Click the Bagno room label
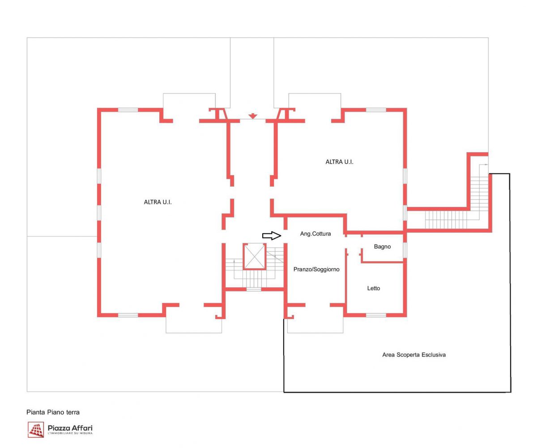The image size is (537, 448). (x=382, y=247)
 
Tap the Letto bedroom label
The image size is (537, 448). (x=373, y=289)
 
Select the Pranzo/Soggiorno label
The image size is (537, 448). (x=316, y=269)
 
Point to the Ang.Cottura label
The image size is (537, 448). (x=315, y=234)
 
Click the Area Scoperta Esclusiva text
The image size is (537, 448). (x=414, y=355)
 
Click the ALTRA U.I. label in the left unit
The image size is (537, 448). (x=158, y=202)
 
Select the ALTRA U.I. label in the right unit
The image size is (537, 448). (x=339, y=162)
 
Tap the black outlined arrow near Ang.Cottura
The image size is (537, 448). (x=272, y=236)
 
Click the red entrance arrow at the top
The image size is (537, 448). (x=253, y=116)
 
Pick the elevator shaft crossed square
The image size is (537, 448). (x=254, y=256)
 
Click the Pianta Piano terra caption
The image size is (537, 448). (x=53, y=412)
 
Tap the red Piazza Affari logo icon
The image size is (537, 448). (x=36, y=430)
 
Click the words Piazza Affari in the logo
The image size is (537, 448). (x=70, y=428)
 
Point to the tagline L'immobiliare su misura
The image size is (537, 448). (x=70, y=433)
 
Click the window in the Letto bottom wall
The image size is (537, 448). (x=376, y=315)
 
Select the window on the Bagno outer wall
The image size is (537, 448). (x=405, y=250)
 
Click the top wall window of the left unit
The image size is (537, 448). (x=128, y=110)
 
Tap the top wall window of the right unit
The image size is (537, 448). (x=376, y=110)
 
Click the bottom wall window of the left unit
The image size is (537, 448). (x=128, y=315)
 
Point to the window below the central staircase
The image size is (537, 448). (x=254, y=290)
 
